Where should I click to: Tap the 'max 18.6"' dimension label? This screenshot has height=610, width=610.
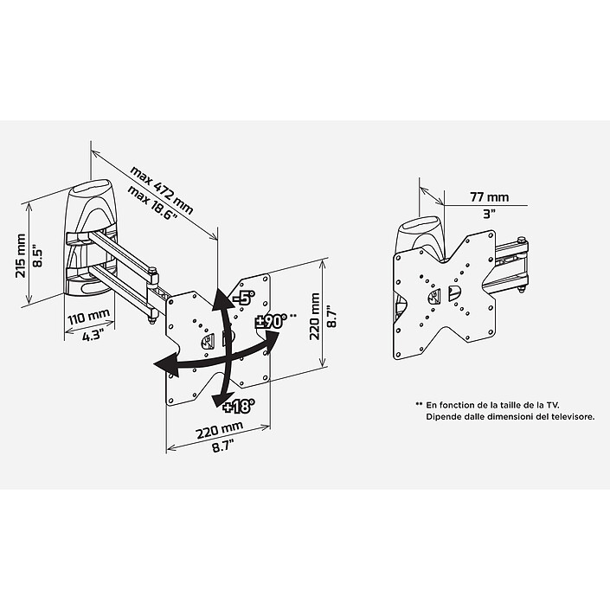151,202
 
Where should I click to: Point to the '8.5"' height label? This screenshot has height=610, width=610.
36,256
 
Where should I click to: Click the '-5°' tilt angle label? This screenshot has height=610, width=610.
242,299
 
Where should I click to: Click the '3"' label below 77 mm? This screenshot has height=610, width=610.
489,213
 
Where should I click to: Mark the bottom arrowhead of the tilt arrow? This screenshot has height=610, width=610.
216,396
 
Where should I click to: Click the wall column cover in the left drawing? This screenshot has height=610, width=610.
91,234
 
